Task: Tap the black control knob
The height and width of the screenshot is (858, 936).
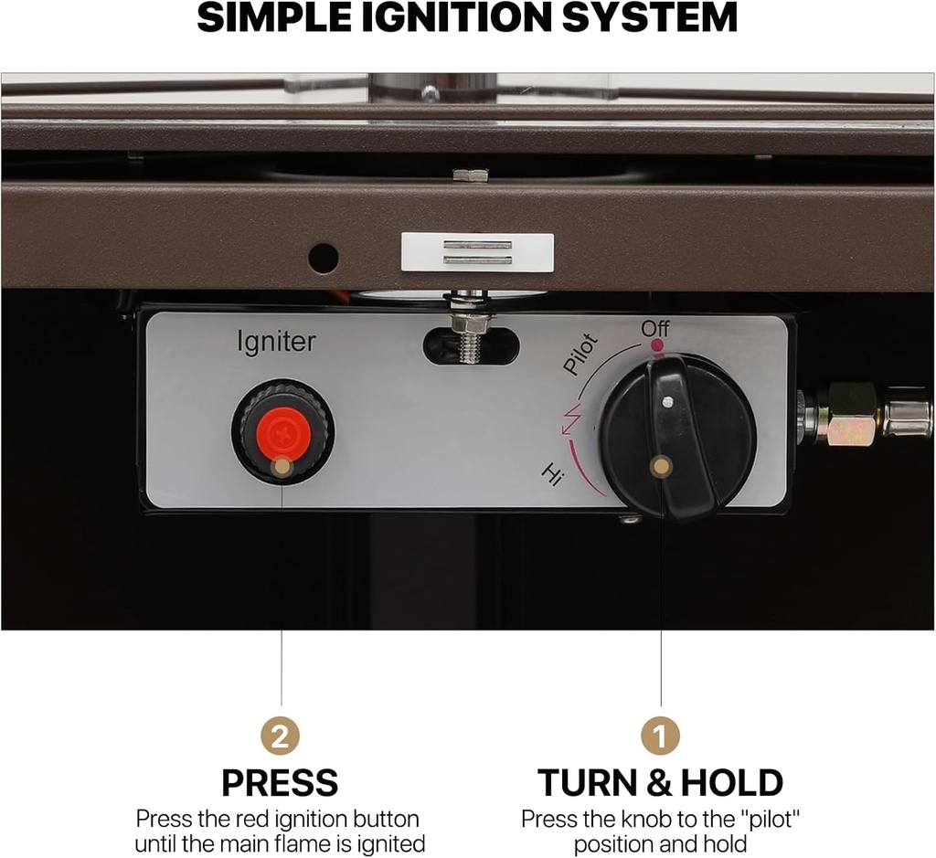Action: click(677, 437)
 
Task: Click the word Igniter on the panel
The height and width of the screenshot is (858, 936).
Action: click(276, 343)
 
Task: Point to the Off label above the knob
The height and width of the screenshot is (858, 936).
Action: click(655, 328)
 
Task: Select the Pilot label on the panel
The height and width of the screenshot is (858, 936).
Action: click(580, 354)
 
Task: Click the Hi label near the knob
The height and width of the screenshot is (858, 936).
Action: click(552, 474)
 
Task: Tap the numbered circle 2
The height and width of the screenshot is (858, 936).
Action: click(280, 736)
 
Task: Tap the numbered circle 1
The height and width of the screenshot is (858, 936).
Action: click(660, 736)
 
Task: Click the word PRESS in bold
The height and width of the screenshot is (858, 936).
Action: click(280, 783)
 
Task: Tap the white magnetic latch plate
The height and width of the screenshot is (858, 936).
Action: click(477, 252)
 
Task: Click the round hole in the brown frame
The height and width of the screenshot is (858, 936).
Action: click(323, 258)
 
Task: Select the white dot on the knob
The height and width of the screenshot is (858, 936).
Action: click(668, 402)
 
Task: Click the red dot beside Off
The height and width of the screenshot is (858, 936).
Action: click(655, 345)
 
